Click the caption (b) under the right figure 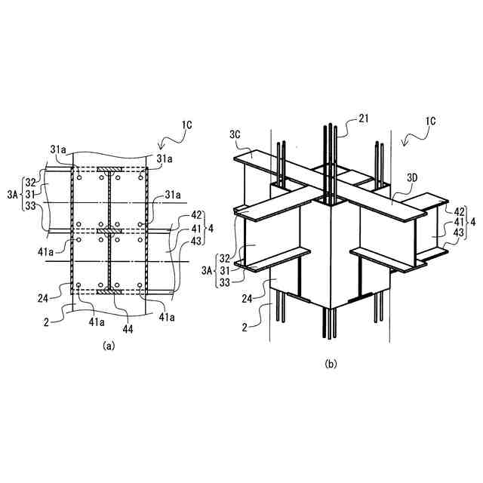[331, 364]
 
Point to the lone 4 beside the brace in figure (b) [472, 223]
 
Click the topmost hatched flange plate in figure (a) [109, 168]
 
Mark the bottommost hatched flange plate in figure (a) [109, 288]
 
